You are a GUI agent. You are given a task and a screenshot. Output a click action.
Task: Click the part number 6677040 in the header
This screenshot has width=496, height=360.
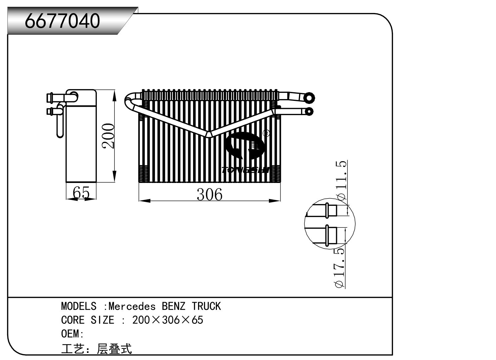[x=63, y=21]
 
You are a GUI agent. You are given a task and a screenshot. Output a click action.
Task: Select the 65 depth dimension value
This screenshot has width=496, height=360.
[x=81, y=193]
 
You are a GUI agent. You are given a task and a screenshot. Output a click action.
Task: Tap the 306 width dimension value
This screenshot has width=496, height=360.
[x=209, y=195]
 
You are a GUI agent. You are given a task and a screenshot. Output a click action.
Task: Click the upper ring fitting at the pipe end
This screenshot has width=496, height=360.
[x=308, y=98]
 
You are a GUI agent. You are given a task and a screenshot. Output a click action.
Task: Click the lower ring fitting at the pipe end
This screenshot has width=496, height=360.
[x=309, y=111]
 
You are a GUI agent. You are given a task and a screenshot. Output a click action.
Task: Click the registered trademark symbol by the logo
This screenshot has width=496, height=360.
[x=266, y=133]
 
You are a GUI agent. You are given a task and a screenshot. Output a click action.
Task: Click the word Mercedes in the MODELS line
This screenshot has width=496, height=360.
[x=132, y=306]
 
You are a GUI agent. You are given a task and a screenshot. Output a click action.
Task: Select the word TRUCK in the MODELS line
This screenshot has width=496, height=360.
[x=206, y=306]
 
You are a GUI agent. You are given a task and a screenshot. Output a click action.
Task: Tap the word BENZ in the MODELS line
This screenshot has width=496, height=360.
[x=173, y=306]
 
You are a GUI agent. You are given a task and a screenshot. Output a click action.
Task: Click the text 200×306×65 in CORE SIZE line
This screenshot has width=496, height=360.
[x=167, y=320]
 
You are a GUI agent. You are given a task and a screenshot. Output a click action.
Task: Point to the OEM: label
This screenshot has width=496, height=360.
[x=72, y=334]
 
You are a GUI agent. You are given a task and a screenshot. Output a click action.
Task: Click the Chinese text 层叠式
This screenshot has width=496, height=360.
[x=114, y=349]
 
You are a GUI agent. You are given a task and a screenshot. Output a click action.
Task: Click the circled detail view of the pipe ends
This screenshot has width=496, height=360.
[x=330, y=223]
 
